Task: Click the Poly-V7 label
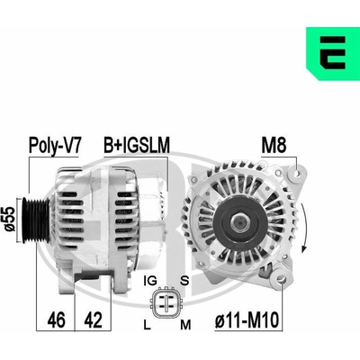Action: tap(55, 146)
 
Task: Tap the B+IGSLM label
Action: tap(137, 146)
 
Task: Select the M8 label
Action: tap(274, 146)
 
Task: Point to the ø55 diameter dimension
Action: tap(11, 219)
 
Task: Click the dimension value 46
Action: tap(56, 319)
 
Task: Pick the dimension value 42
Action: tap(93, 319)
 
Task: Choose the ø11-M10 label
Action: tap(247, 319)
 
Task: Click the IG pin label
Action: tap(150, 281)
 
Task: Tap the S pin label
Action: tap(184, 281)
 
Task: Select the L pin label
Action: tap(147, 325)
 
